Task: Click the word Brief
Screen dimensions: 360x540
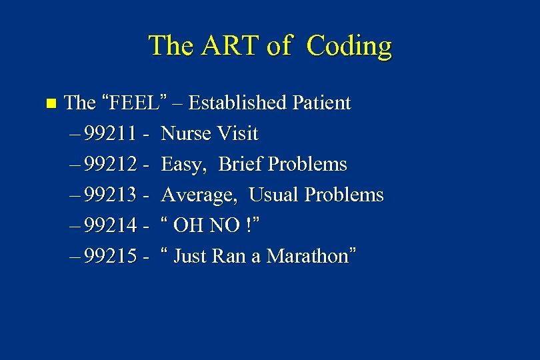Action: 240,165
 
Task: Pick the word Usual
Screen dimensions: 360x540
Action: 274,195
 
